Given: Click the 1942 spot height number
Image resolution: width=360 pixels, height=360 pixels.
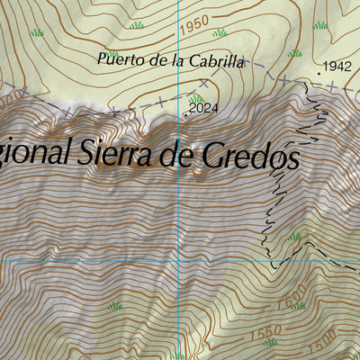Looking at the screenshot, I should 336,66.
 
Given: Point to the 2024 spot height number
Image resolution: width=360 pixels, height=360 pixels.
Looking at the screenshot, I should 204,109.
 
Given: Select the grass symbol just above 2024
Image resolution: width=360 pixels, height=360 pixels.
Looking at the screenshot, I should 196,98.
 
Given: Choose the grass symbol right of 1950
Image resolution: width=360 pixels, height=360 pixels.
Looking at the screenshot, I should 220,33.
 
